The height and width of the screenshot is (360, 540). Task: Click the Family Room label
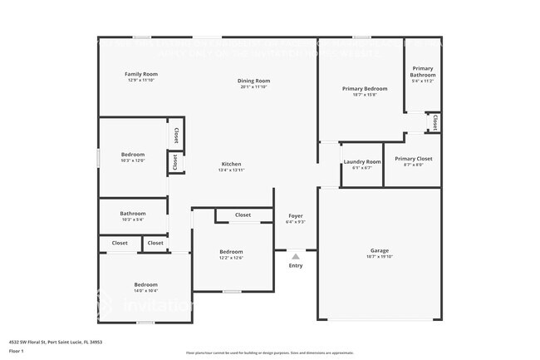pos(141,74)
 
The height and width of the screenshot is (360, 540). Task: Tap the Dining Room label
pos(255,81)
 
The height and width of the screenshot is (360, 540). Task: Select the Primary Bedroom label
pos(365,88)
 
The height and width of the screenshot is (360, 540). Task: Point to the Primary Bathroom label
pos(423,72)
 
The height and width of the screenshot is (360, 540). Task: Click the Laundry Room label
pos(361,161)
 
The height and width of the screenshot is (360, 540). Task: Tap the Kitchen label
pos(231,164)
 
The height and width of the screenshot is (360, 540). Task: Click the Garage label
pos(379,250)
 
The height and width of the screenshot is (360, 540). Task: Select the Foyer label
pos(295,215)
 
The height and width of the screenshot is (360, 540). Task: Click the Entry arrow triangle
pos(295,257)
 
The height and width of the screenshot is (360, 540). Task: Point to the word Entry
pos(296,266)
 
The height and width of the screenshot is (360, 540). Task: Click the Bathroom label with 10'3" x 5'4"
pos(133,213)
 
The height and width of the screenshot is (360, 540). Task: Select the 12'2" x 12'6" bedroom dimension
pos(231,258)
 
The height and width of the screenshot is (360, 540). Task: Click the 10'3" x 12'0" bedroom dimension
pos(133,160)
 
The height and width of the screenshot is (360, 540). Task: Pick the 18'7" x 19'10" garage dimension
pos(379,257)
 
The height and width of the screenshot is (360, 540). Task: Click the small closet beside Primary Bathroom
pos(434,122)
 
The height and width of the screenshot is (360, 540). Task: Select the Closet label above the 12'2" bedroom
pos(243,215)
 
